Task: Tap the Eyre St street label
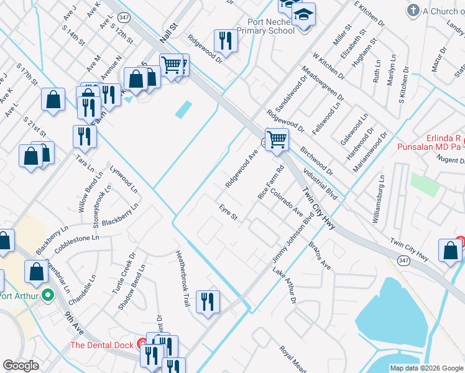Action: [x=228, y=212]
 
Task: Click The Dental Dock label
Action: [x=102, y=345]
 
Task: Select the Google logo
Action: [x=21, y=366]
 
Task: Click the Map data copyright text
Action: [x=426, y=368]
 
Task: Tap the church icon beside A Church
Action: [x=412, y=11]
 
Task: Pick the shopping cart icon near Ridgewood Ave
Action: [x=276, y=139]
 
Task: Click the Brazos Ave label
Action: [x=320, y=256]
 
